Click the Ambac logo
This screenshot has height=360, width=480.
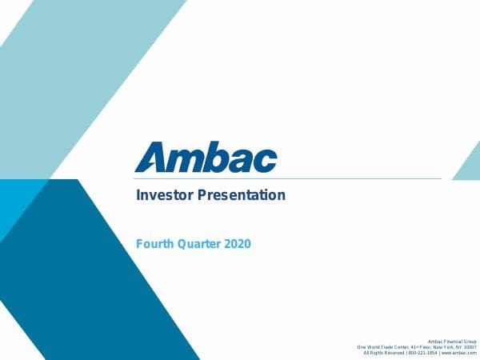coord(206,158)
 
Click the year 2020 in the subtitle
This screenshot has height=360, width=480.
coord(238,243)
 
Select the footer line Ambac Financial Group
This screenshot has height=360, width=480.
coord(452,341)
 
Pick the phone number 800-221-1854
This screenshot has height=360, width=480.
coord(423,353)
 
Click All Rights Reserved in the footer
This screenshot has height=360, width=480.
coord(384,353)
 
